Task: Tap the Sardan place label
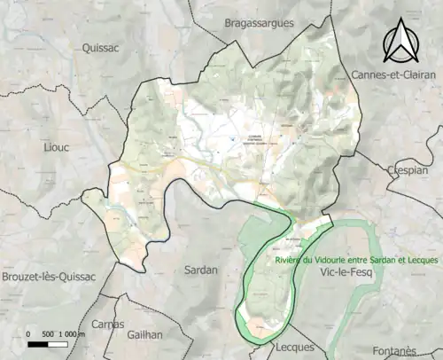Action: click(200, 269)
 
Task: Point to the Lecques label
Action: click(295, 347)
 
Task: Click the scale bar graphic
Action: click(47, 344)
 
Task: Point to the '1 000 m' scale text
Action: click(71, 334)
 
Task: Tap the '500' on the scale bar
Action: click(46, 334)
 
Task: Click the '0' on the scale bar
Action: click(28, 334)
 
